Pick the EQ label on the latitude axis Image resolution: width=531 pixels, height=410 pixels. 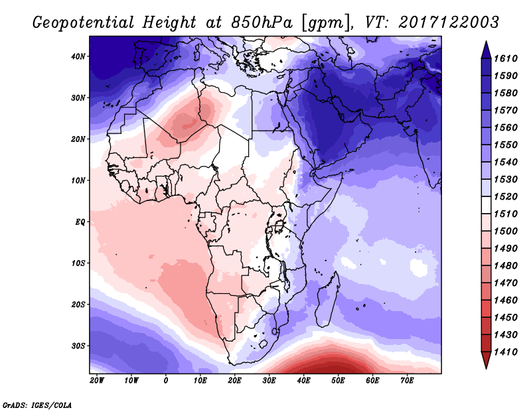(x=81, y=222)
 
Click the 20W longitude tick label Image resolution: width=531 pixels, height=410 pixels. (x=97, y=381)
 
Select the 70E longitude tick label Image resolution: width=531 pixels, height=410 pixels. (x=407, y=381)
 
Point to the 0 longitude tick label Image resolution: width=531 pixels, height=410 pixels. (x=166, y=381)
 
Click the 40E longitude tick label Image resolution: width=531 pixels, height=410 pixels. (x=303, y=381)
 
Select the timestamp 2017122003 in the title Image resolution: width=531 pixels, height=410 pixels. (x=449, y=23)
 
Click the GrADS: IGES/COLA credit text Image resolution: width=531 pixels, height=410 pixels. (x=37, y=404)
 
